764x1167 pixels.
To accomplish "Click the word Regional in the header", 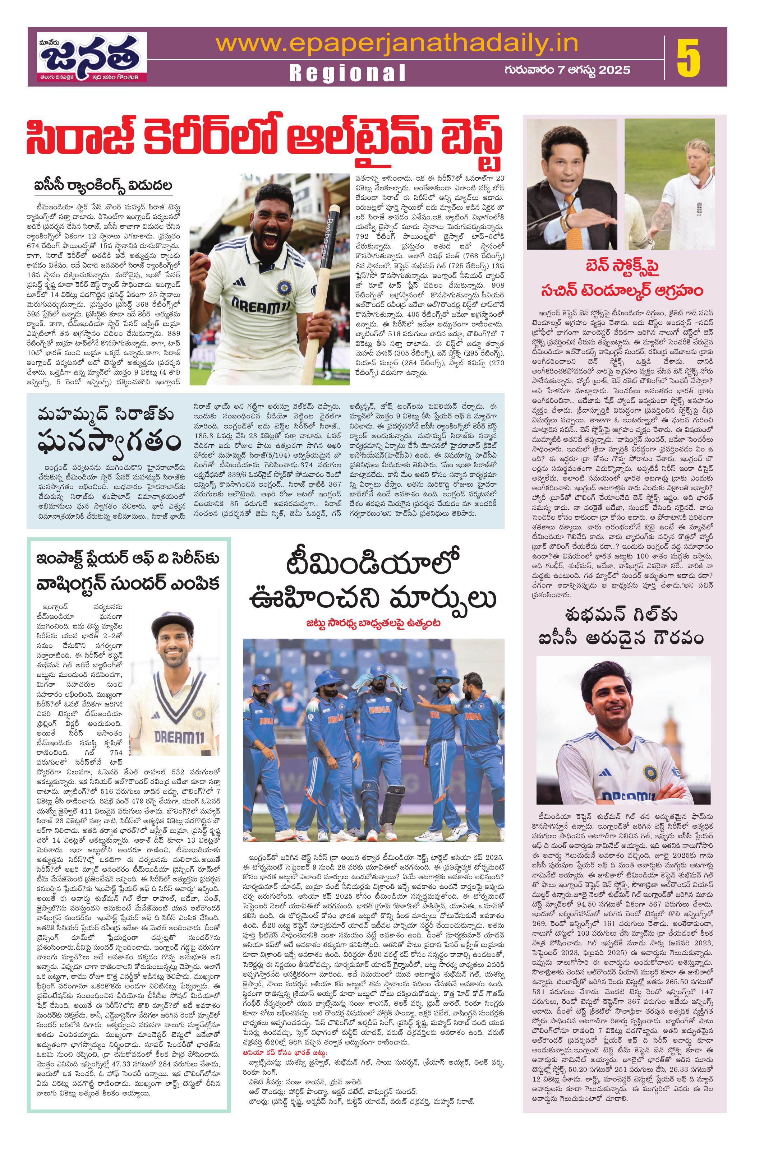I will [x=348, y=73].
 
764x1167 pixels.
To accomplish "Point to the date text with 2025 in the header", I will [x=567, y=70].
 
